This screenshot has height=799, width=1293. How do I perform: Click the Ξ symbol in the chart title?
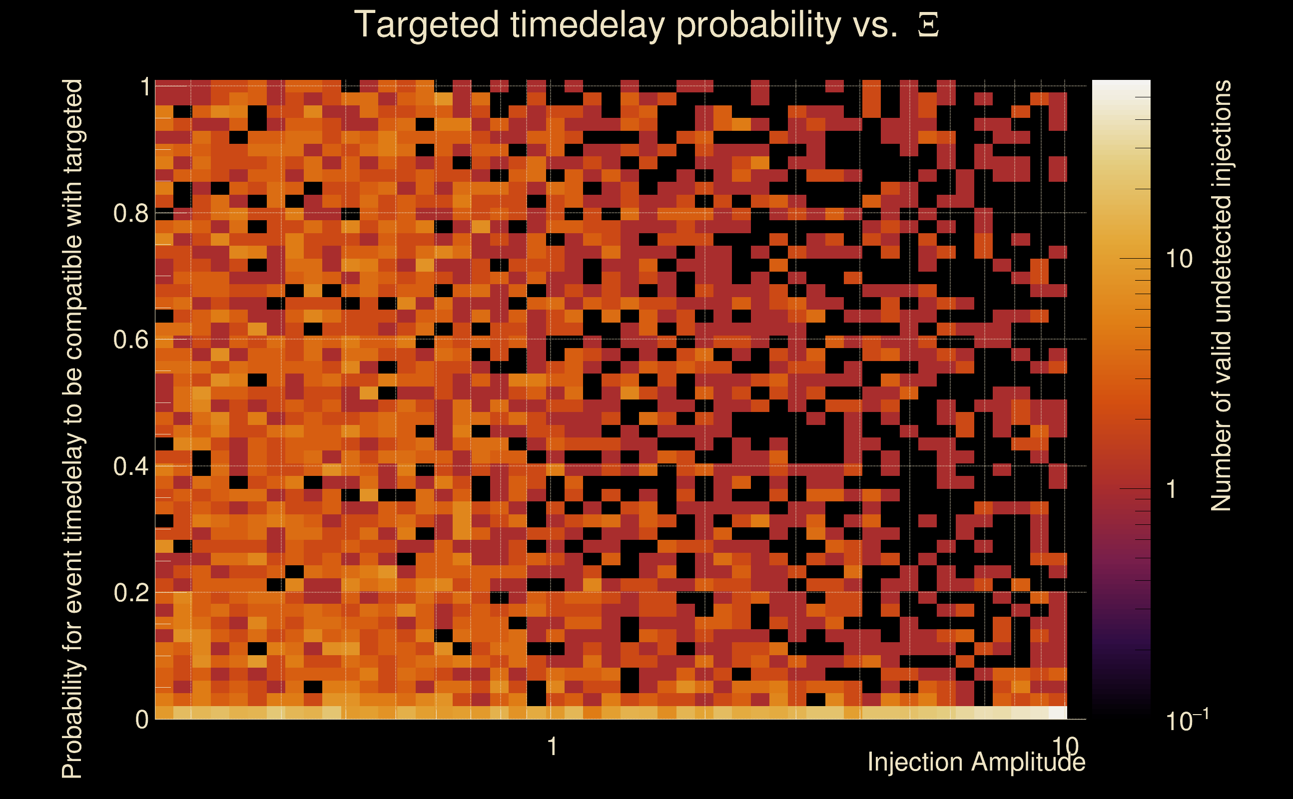click(x=928, y=25)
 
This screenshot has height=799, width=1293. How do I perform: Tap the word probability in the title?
click(x=758, y=25)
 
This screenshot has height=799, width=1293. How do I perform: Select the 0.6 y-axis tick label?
click(x=130, y=339)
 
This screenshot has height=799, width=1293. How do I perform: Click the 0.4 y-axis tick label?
click(x=130, y=466)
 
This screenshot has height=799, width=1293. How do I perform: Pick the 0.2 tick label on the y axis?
click(x=130, y=592)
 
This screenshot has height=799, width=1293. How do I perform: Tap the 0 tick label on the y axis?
click(x=142, y=719)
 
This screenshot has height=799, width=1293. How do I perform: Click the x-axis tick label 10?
click(x=1065, y=746)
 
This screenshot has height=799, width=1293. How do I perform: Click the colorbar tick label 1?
click(x=1172, y=489)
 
